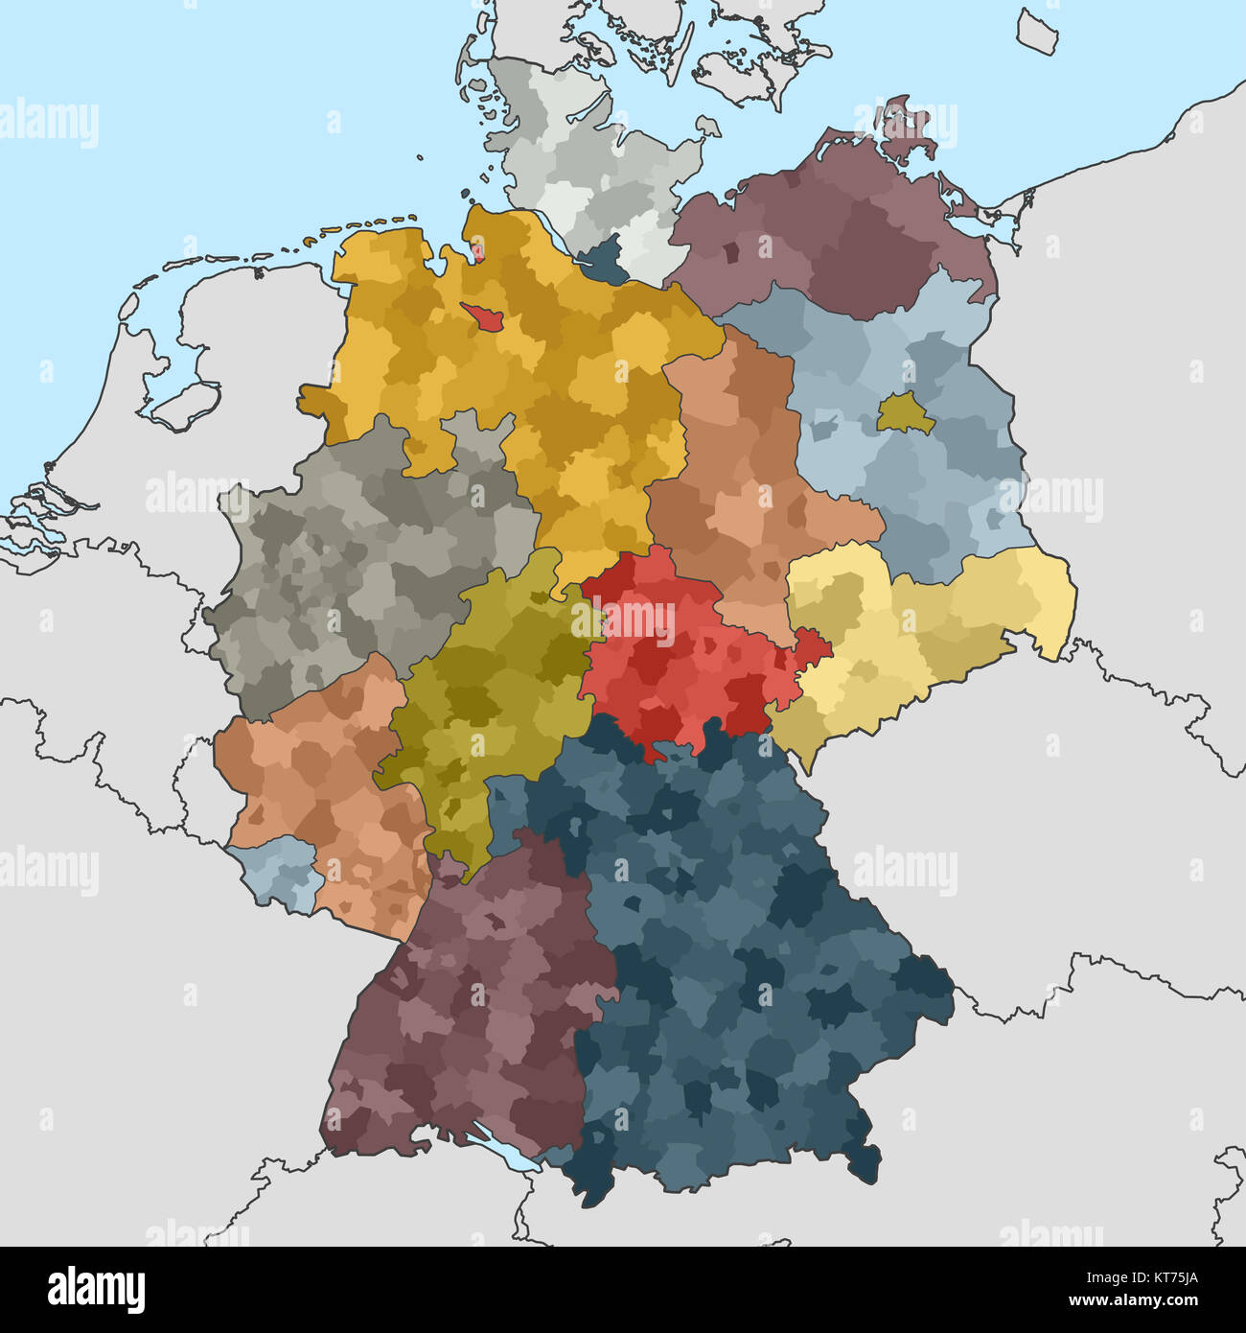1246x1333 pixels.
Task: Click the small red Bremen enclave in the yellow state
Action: (x=477, y=316)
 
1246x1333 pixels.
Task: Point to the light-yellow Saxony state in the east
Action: (x=920, y=633)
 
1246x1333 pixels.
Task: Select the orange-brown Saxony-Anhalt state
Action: (x=738, y=479)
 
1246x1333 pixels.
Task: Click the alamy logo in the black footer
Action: (x=96, y=1288)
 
